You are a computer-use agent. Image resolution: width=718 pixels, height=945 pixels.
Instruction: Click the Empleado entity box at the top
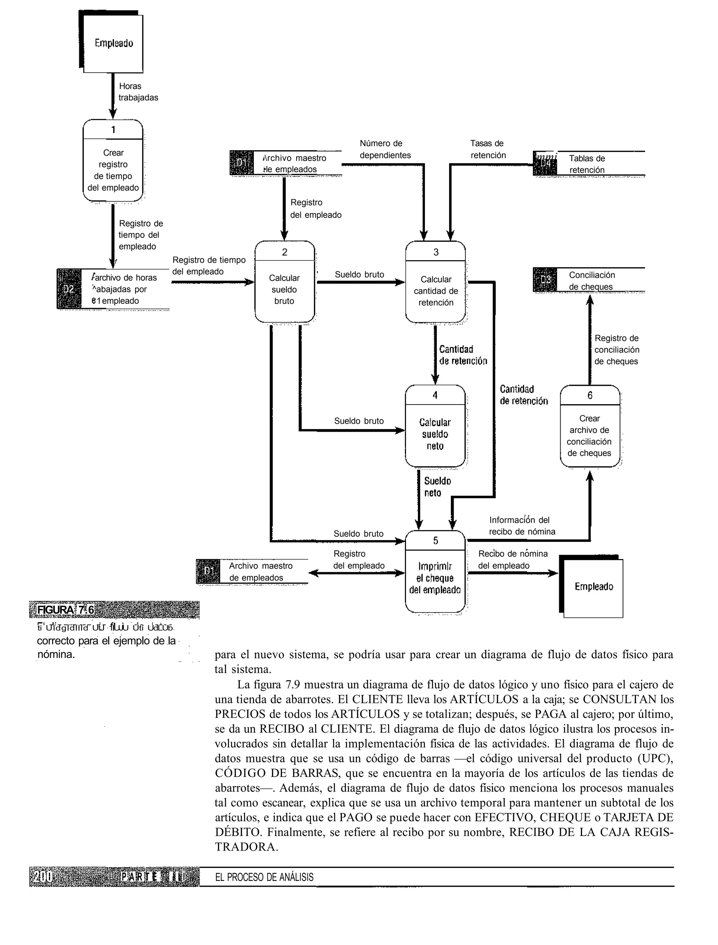coord(113,43)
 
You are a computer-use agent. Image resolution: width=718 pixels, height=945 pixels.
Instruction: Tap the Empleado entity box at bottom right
coord(593,587)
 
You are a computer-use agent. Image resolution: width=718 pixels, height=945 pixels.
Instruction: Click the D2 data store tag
coord(69,289)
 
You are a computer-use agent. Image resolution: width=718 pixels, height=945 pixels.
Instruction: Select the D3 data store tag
coord(545,280)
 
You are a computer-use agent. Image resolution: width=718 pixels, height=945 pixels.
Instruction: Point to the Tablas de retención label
coord(587,164)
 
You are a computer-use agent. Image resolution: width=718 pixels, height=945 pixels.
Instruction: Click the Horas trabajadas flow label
coord(138,92)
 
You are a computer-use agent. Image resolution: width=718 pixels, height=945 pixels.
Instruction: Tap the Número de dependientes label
coord(385,149)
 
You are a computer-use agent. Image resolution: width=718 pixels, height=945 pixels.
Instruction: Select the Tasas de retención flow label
coord(488,149)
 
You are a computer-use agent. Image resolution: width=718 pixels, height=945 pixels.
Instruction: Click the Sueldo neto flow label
coord(437,487)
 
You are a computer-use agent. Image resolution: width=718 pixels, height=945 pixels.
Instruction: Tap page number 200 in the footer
coord(43,877)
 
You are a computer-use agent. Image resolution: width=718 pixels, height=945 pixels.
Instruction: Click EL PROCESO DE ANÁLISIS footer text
coord(264,877)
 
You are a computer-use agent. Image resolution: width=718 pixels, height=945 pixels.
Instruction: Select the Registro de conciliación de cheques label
coord(616,350)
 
